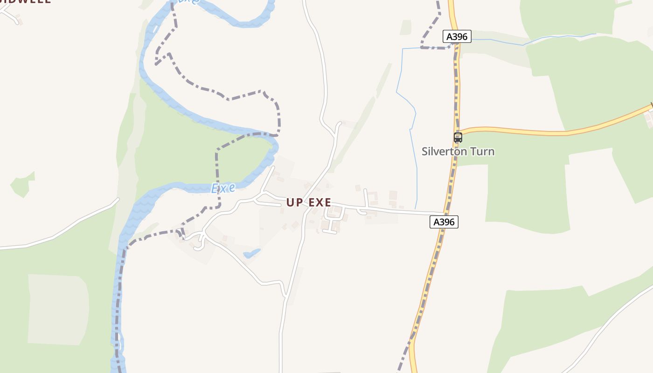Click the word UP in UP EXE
click(294, 202)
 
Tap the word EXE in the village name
click(320, 202)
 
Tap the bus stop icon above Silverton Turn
click(458, 138)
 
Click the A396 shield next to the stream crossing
click(457, 36)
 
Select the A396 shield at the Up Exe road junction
click(444, 222)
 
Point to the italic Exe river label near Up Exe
click(223, 188)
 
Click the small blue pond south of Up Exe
click(252, 253)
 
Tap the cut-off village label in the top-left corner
click(26, 1)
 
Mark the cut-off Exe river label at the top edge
click(188, 1)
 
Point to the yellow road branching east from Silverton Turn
click(560, 132)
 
